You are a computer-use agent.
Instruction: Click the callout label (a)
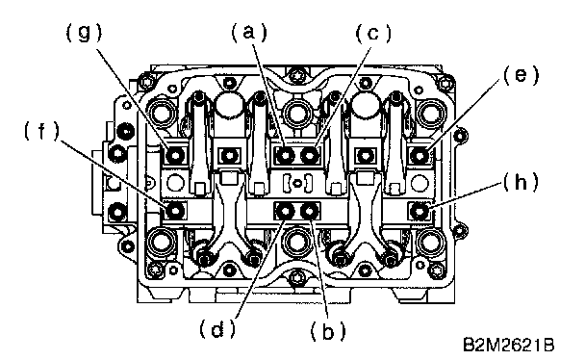coord(249,32)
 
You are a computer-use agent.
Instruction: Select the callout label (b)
coord(328,331)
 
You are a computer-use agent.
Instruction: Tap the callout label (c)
coord(373,33)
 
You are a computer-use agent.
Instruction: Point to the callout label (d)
coord(217,328)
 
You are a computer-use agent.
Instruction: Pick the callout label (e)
coord(521,76)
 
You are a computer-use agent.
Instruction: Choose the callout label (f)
coord(41,131)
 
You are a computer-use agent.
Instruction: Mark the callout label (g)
coord(84,33)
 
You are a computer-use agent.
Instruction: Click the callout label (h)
coord(521,183)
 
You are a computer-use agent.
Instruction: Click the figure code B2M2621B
coord(509,345)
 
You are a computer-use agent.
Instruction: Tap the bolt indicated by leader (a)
coord(286,155)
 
